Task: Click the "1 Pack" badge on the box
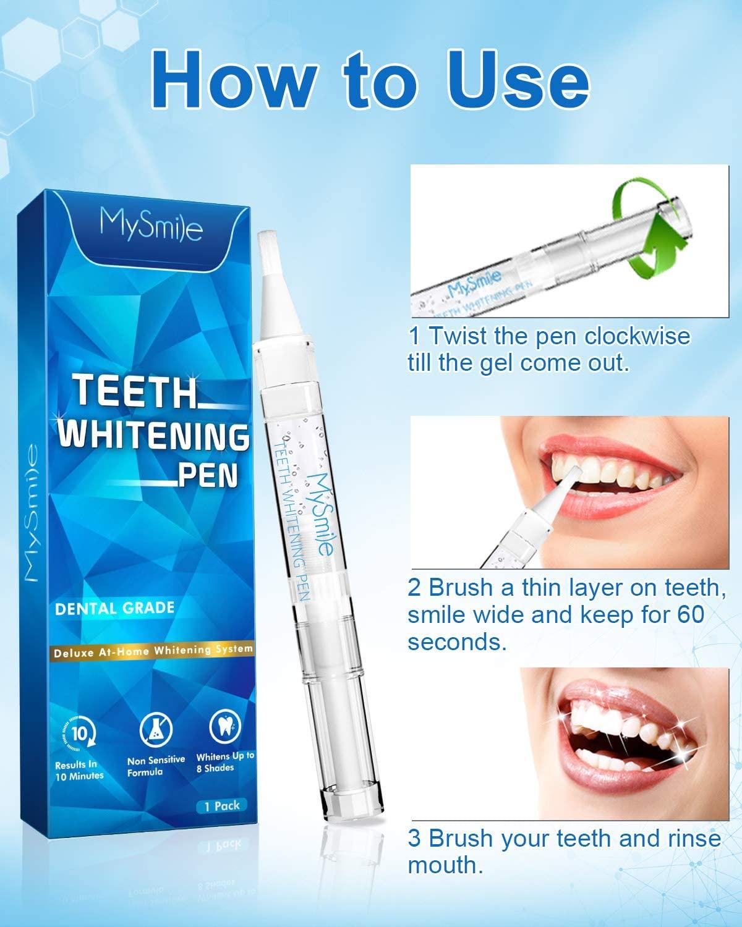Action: pos(221,805)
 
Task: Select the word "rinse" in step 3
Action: pos(692,839)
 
